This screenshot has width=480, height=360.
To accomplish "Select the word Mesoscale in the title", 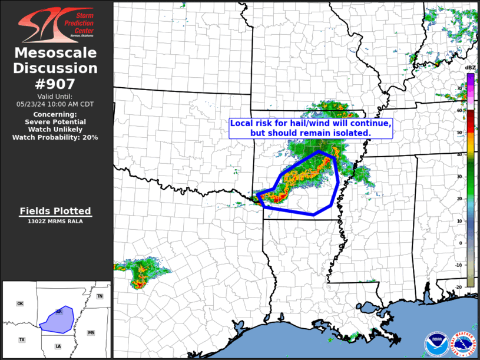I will (55, 53).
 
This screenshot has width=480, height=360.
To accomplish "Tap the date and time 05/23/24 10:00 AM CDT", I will (55, 104).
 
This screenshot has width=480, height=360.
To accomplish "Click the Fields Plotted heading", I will (55, 211).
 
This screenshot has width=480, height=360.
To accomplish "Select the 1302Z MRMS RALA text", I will (55, 222).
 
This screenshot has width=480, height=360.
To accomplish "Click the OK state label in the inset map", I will (20, 303).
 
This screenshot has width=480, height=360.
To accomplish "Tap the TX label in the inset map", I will (22, 340).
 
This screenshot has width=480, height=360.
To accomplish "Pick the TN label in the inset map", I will (100, 296).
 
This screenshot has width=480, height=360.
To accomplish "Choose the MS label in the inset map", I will (91, 333).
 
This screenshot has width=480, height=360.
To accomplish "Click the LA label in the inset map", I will (58, 346).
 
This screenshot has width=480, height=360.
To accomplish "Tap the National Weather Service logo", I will (464, 344).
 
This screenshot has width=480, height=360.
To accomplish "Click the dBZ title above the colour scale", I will (470, 68).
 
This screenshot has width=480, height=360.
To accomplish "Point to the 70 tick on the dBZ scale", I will (459, 88).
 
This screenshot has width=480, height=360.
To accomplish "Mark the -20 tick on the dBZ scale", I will (459, 287).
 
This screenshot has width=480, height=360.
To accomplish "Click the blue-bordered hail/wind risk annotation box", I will (310, 128).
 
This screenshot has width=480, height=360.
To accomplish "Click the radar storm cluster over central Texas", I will (143, 272).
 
